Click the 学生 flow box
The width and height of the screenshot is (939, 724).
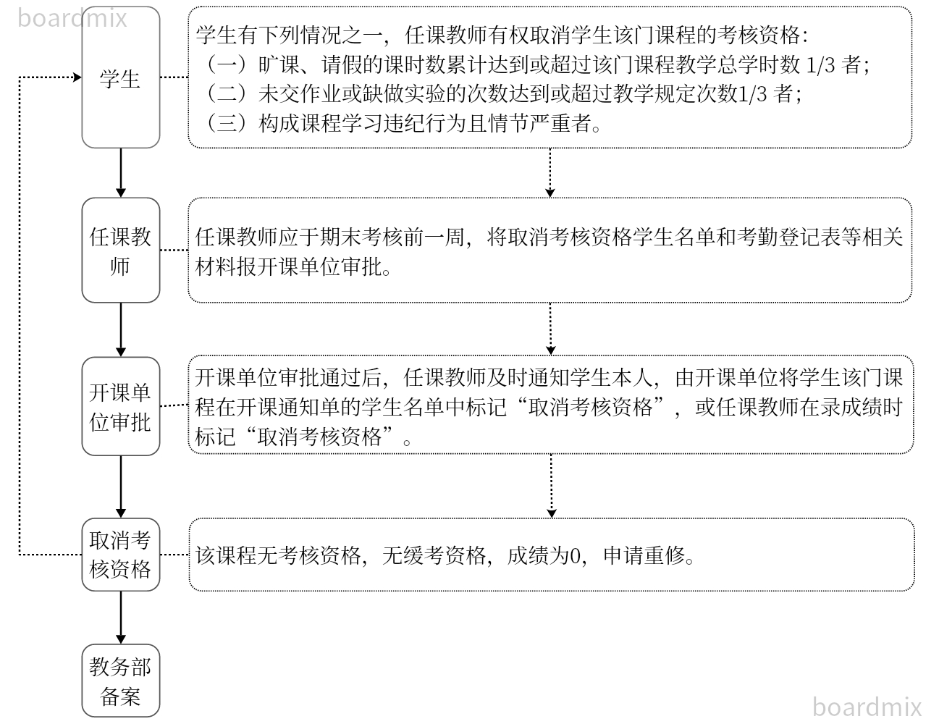point(120,77)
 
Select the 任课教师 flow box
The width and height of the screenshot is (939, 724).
point(120,251)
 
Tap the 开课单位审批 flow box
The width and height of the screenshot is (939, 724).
point(120,406)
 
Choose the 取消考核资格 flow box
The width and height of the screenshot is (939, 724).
point(120,555)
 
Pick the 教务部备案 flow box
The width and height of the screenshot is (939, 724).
point(120,681)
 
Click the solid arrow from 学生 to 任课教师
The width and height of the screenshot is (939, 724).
point(121,173)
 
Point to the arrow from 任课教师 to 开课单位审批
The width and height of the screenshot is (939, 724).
point(121,329)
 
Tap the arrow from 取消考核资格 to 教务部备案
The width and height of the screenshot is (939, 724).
point(121,617)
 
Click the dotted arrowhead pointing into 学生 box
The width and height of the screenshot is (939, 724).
point(76,77)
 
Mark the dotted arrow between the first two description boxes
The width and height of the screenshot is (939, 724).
point(550,173)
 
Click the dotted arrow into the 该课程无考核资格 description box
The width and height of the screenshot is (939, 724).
point(552,486)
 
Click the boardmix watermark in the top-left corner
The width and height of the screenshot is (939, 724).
point(72,17)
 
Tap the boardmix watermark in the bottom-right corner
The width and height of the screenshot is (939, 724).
point(867,706)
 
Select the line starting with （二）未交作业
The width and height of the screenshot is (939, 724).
point(500,94)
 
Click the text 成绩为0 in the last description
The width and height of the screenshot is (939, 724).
point(544,555)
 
